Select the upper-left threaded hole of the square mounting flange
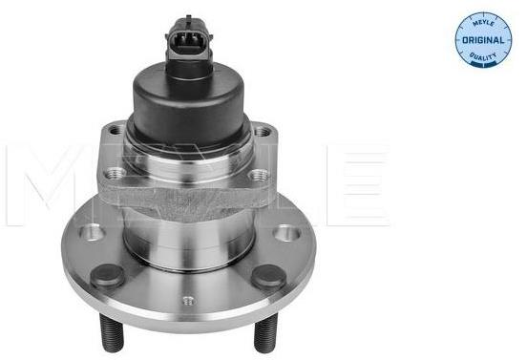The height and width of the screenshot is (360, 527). click(x=116, y=130)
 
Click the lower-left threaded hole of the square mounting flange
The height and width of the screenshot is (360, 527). click(x=114, y=173)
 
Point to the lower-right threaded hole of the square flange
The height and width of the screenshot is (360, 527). click(x=259, y=175)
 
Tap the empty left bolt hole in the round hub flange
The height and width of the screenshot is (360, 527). click(x=92, y=232)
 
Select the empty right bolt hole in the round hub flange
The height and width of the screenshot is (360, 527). click(x=286, y=233)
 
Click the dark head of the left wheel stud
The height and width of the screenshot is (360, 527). click(x=107, y=276)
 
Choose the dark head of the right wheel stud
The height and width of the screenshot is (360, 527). click(x=269, y=277)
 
